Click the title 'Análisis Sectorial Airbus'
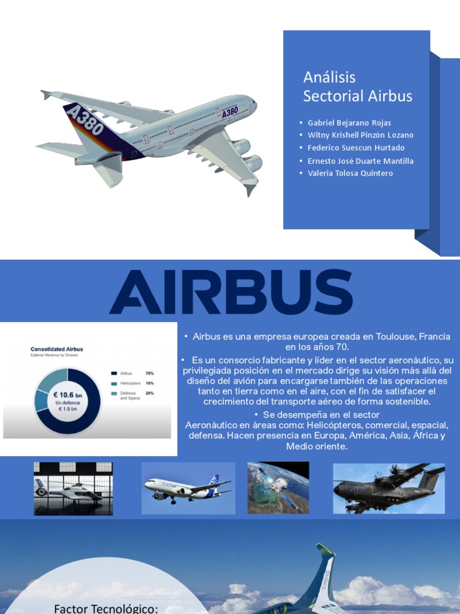point(358,86)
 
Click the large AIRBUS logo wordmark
point(231,293)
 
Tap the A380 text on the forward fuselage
point(230,112)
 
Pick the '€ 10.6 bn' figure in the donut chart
point(67,395)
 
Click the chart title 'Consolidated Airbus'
point(56,349)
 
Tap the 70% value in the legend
point(150,372)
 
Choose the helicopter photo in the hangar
point(73,488)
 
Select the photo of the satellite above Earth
point(278,487)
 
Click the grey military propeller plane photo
point(389,488)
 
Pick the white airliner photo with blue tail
point(188,488)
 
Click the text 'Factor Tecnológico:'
point(105,609)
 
